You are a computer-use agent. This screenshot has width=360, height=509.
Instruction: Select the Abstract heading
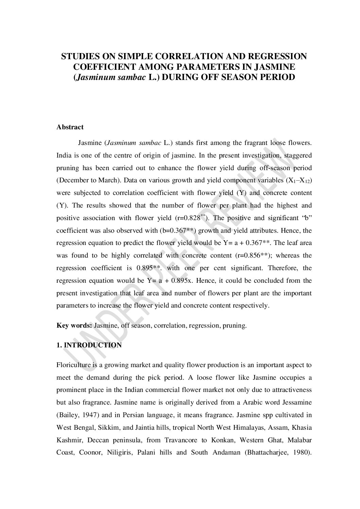[x=70, y=127]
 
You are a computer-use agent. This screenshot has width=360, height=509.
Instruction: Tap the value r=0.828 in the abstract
[x=189, y=218]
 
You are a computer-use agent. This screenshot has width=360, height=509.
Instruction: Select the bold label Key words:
[x=74, y=325]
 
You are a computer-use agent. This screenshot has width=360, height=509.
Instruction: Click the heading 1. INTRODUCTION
[x=89, y=345]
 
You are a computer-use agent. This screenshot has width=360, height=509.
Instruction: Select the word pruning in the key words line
[x=234, y=325]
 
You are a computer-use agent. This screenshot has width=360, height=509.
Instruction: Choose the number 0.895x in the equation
[x=183, y=280]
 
